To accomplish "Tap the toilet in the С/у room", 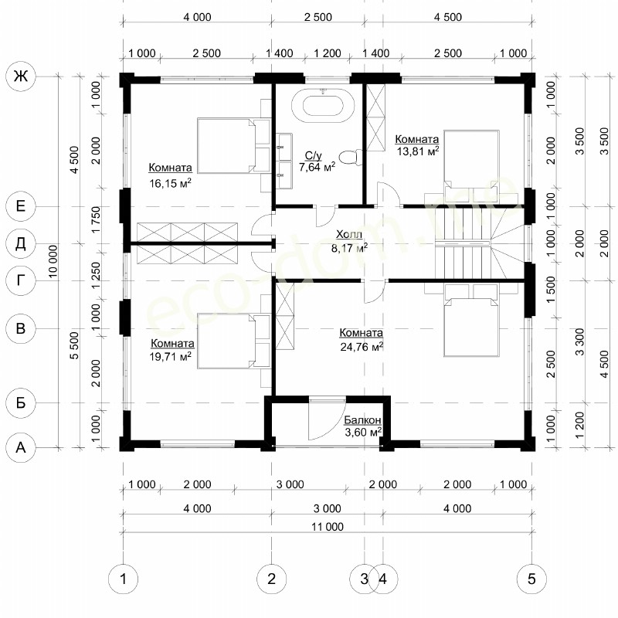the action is coord(350,158).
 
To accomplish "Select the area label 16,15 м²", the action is coord(170,183).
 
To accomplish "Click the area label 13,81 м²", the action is coord(417,151).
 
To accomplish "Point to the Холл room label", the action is coord(349,235).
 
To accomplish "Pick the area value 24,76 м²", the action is coord(362,347).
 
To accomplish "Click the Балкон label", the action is coord(362,419).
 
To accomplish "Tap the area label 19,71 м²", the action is coord(170,357).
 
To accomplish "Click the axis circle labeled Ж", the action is coord(21,76).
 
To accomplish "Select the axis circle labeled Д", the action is coord(21,243).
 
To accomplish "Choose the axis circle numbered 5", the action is coord(531,579).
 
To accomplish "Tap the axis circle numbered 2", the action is coord(272,579).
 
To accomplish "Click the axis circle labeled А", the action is coord(21,447).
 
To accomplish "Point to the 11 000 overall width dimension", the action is coord(328,527).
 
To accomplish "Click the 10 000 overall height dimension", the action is coord(53,261).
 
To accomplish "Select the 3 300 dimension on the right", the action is coord(579,341).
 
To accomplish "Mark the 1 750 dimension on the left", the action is coord(96,219).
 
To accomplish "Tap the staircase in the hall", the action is coord(479,243).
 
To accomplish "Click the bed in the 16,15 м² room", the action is coord(233,145).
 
